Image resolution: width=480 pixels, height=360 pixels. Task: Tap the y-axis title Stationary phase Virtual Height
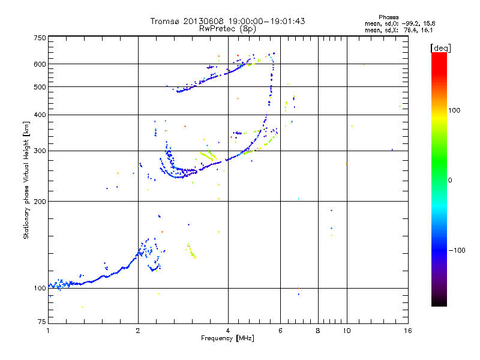26,181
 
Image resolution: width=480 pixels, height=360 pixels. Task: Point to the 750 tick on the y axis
40,38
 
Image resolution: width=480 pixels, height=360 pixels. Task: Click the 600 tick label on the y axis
40,64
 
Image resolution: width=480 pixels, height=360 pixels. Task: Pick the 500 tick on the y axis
40,87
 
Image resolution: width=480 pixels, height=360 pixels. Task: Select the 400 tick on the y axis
40,115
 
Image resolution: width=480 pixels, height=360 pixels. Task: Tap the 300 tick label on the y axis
40,151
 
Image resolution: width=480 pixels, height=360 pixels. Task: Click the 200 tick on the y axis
40,202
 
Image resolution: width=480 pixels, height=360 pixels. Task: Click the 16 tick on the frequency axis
407,331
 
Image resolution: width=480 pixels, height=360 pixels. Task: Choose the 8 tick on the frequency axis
318,331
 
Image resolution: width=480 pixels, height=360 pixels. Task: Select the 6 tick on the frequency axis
280,331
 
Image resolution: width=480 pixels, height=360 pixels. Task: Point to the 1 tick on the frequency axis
48,331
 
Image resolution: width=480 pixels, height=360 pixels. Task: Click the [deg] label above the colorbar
441,47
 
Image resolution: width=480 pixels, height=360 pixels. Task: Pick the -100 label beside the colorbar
458,250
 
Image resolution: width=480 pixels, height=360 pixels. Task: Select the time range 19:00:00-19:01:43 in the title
264,21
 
